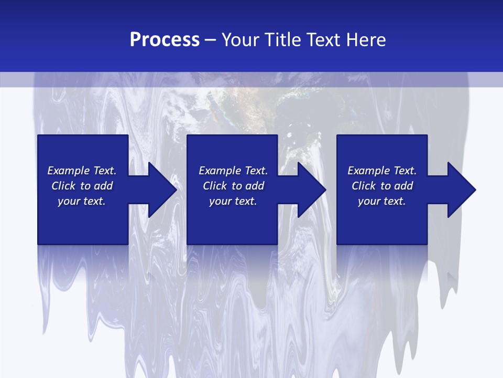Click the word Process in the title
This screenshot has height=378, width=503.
(165, 40)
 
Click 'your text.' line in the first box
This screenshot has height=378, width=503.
(82, 201)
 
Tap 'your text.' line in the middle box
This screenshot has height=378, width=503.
(233, 201)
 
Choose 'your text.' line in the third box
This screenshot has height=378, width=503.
(382, 201)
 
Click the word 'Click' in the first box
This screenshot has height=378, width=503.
(63, 186)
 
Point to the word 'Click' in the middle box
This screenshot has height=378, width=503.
(215, 186)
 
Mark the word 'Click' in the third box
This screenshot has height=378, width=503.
(364, 186)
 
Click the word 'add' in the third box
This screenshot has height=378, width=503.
(403, 186)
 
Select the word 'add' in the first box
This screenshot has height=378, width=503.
(103, 186)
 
